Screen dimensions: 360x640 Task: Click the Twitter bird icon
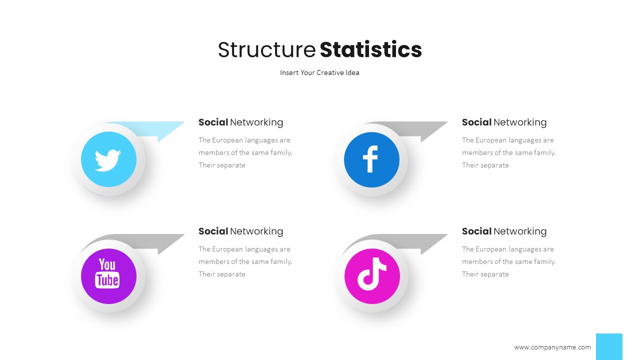pos(108,159)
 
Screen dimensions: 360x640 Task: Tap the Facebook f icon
pos(371,160)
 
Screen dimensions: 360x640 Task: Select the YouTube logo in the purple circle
pos(108,273)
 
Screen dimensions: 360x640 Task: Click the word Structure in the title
pos(266,50)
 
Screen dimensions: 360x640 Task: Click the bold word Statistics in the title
pos(370,50)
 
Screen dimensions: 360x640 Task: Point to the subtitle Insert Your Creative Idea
pos(319,72)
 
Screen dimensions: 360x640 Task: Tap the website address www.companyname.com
pos(552,347)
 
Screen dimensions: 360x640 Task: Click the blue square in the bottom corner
pos(609,346)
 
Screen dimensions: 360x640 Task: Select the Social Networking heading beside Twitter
pos(240,122)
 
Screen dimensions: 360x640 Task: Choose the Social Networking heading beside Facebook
pos(504,122)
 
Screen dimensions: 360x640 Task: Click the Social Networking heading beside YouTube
pos(240,231)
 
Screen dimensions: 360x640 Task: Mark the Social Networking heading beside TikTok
pos(504,231)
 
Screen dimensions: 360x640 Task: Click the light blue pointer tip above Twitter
pos(170,129)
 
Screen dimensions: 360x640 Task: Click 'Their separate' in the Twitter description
pos(222,165)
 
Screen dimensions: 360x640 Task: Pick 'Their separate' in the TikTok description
pos(485,274)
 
